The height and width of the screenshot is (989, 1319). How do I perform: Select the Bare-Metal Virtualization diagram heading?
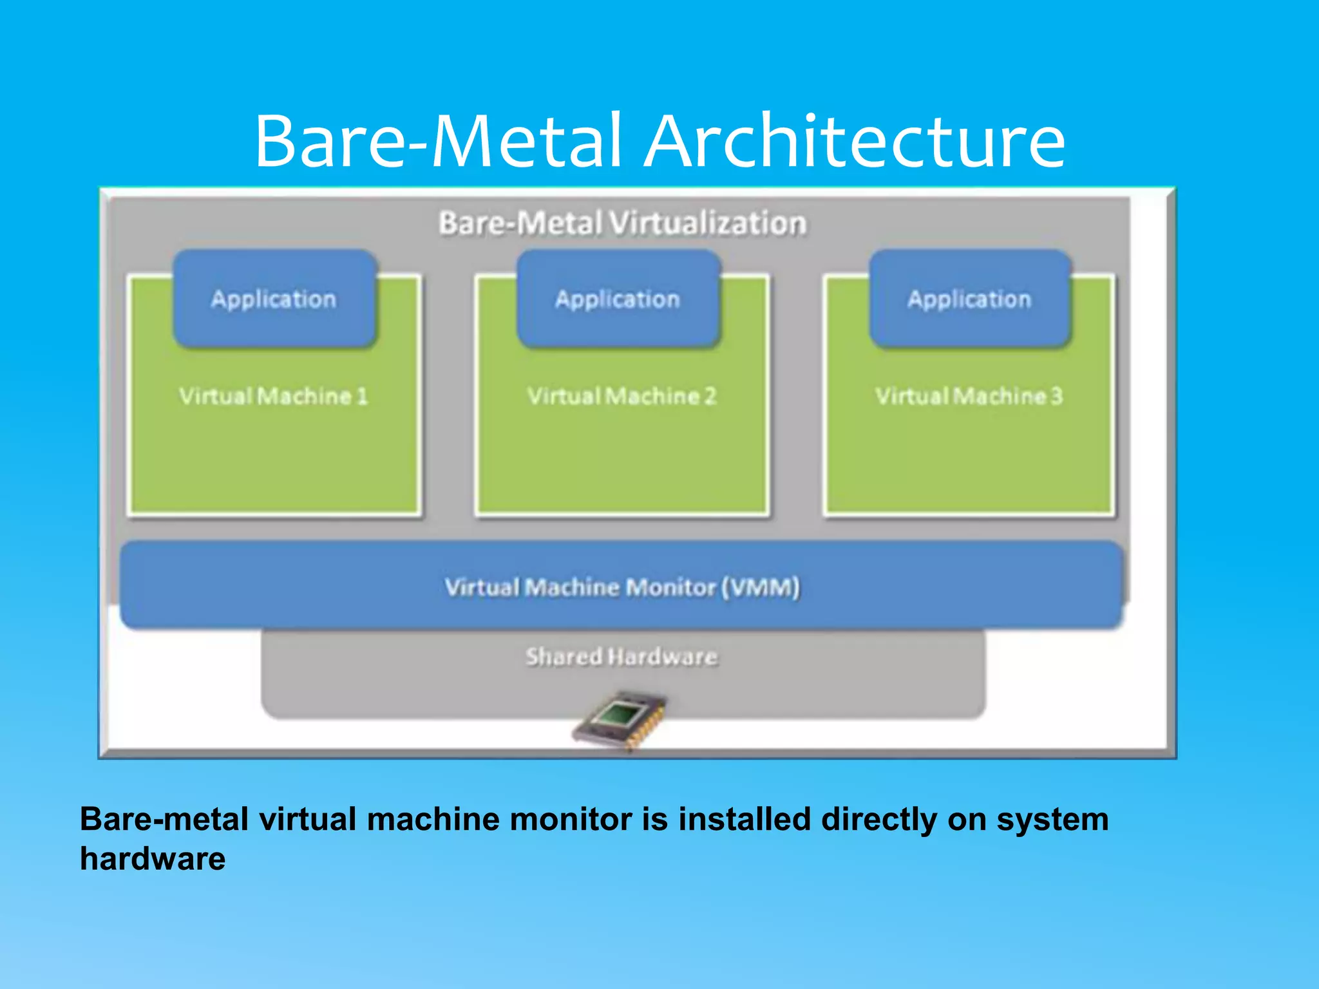click(x=622, y=223)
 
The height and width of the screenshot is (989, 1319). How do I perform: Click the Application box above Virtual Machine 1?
click(x=274, y=299)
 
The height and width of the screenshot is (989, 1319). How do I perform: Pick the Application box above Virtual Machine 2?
click(x=618, y=299)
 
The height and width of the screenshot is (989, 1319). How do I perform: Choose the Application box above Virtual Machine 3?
click(x=970, y=299)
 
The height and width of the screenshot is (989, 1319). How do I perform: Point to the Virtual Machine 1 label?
click(x=274, y=395)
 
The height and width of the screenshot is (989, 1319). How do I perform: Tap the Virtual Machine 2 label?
click(x=622, y=395)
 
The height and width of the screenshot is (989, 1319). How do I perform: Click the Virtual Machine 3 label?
click(x=969, y=395)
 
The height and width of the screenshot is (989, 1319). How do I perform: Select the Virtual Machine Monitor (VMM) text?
click(x=622, y=587)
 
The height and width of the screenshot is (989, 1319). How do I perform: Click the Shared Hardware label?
click(x=622, y=657)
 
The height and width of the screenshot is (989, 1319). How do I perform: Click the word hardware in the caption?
click(x=153, y=859)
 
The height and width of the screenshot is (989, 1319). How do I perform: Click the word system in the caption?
click(x=1052, y=820)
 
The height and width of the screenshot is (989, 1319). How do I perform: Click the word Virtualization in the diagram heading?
click(x=708, y=223)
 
